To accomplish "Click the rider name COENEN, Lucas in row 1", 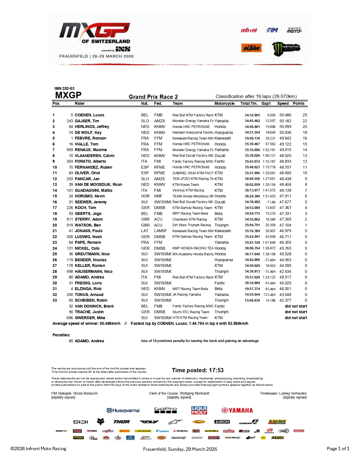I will click(x=89, y=115).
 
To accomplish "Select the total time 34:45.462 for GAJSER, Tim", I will click(x=252, y=121).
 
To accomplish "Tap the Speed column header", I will click(x=283, y=103).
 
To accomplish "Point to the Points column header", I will click(x=298, y=103).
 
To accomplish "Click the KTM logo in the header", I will click(x=251, y=48).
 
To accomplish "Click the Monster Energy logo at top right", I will click(x=286, y=49).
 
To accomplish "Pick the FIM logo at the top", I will click(x=272, y=30).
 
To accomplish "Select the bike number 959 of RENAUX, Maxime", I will click(x=70, y=150).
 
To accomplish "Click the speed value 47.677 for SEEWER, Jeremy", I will click(x=285, y=202).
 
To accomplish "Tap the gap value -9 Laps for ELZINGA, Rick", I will click(x=270, y=289).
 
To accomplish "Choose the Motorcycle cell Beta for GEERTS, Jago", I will click(x=218, y=214).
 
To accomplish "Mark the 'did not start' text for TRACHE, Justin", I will click(x=296, y=312).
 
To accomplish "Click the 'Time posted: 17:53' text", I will click(x=198, y=370).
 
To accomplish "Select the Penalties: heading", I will click(x=61, y=335).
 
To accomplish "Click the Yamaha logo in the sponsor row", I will click(x=237, y=410).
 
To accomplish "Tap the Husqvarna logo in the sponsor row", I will click(x=123, y=410).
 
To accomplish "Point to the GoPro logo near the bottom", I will click(x=165, y=410).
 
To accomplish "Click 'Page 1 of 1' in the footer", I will click(x=338, y=448).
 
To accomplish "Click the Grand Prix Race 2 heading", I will click(x=153, y=97).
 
